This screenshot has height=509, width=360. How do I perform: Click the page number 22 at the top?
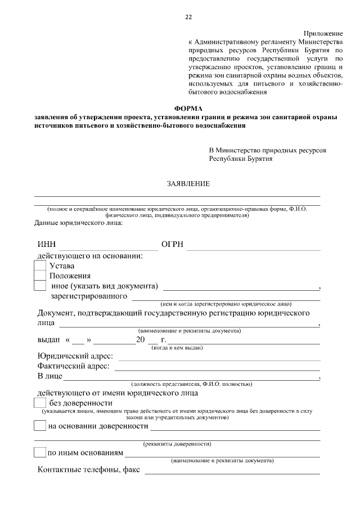(188, 17)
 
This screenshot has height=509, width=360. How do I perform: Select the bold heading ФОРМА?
(187, 108)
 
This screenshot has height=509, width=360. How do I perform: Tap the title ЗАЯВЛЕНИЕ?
(188, 184)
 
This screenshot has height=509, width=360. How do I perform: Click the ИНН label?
(47, 245)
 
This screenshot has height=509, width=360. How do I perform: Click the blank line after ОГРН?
(254, 247)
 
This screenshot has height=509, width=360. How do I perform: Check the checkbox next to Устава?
(40, 266)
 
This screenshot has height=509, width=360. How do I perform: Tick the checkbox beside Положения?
(40, 276)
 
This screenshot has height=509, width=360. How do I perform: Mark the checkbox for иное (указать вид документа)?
(40, 286)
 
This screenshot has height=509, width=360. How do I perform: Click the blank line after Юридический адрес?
(219, 359)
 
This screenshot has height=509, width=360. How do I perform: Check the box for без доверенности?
(40, 403)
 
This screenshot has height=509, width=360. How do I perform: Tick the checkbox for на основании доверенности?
(40, 426)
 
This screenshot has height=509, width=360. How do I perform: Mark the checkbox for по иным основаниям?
(40, 452)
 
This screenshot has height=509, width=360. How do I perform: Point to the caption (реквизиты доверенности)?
(177, 444)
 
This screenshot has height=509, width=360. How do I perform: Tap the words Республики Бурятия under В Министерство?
(241, 159)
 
